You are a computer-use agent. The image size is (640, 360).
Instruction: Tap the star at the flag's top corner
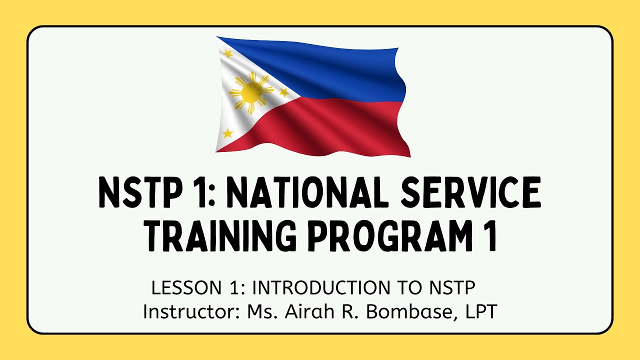[x=228, y=53]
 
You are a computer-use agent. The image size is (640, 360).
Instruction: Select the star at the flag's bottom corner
[x=228, y=133]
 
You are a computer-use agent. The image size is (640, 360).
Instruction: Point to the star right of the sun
[x=283, y=92]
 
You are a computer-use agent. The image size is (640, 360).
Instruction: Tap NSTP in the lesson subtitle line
[x=451, y=288]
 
